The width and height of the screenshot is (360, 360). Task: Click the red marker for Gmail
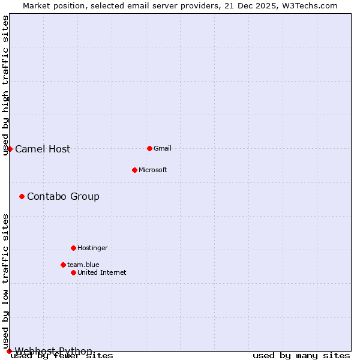pos(149,148)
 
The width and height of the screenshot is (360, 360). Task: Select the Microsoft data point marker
pos(134,170)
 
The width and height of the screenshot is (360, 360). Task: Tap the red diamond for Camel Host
pos(10,149)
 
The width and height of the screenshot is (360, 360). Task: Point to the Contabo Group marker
pos(22,196)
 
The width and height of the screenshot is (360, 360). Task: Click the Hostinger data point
pos(73,248)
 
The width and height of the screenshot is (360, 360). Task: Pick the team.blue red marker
pos(63,265)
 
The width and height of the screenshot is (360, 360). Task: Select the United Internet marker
pos(73,272)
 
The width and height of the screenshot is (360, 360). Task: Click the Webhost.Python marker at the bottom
pos(9,351)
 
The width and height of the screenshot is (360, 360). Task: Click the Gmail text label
pos(163,149)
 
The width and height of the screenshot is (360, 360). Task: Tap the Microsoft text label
pos(152,170)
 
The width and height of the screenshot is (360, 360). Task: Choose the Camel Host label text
pos(43,149)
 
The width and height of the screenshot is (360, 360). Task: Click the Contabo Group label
pos(63,197)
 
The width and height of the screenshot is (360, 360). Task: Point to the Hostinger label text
pos(92,248)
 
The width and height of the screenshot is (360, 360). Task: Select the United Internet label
pos(101,273)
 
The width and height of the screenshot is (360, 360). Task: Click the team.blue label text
pos(83,265)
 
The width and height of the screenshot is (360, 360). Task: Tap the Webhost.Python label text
pos(53,351)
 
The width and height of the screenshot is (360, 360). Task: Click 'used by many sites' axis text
pos(301,356)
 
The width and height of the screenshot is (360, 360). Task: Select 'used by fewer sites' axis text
pos(62,356)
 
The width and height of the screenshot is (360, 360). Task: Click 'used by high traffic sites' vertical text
pos(5,85)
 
